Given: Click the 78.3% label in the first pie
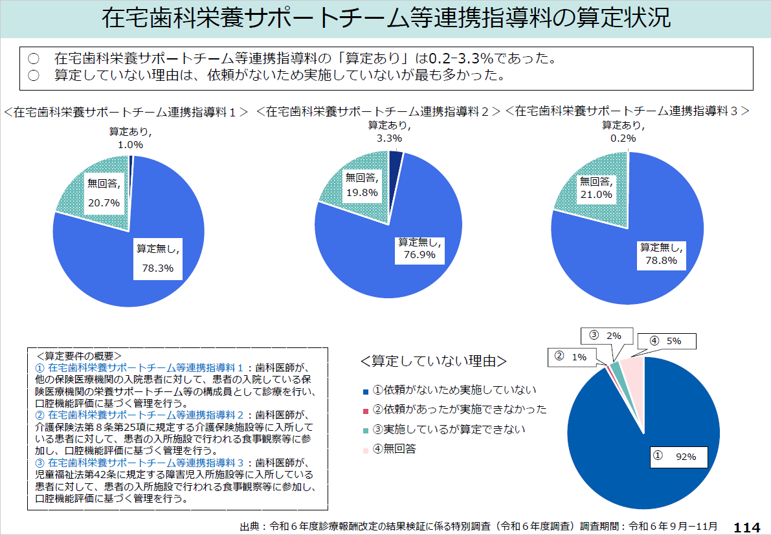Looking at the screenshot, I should [157, 268].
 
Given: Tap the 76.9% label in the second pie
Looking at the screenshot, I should [419, 255].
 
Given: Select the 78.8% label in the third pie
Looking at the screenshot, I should [661, 260].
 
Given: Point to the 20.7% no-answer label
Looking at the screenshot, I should [104, 202].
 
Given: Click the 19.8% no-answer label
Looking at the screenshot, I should [361, 192].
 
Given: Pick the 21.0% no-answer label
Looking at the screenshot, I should [596, 194].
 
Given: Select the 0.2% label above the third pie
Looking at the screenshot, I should [624, 138].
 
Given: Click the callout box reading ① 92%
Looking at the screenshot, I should [678, 456].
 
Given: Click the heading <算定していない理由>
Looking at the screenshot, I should [433, 360].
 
